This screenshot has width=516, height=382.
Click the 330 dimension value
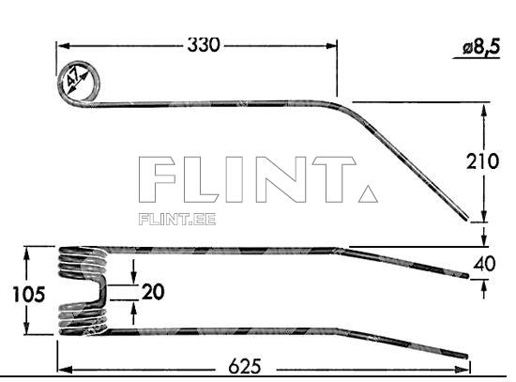(x=204, y=44)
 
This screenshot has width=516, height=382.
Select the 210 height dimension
(x=484, y=161)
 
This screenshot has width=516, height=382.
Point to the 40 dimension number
(x=484, y=265)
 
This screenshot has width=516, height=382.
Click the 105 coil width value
(x=29, y=295)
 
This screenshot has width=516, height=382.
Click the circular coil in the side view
(x=79, y=84)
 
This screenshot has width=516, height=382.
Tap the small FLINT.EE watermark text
(x=176, y=220)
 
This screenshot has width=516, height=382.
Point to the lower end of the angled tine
(x=466, y=221)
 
